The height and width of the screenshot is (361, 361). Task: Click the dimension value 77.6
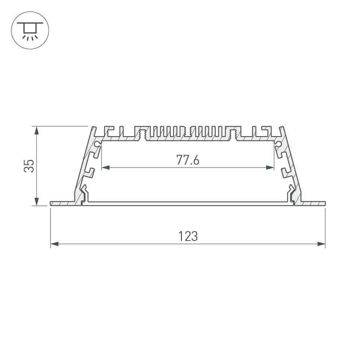[188, 160]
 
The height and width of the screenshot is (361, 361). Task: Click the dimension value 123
[188, 236]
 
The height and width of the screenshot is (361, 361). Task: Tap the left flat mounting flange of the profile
[63, 204]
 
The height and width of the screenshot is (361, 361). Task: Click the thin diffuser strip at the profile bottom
[188, 204]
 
